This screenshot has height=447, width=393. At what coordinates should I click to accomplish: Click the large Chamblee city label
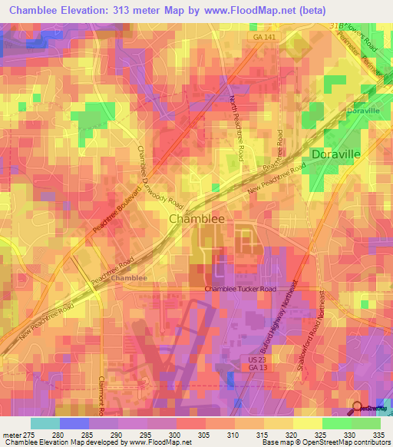pos(196,219)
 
